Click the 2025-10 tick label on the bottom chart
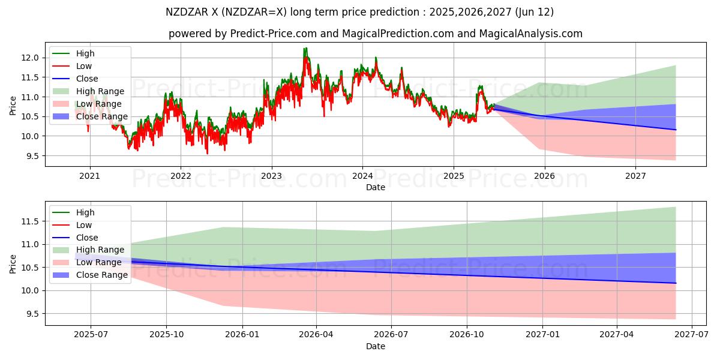(x=166, y=335)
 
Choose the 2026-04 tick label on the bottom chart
(x=316, y=335)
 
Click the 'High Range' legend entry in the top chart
(x=100, y=91)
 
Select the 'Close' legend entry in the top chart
(x=87, y=79)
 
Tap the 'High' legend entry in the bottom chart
(x=85, y=212)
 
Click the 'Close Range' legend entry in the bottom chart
(x=102, y=275)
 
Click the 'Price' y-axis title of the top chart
(x=13, y=106)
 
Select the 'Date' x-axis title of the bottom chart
(x=376, y=346)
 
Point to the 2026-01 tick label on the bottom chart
(x=242, y=335)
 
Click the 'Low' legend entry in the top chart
(x=84, y=66)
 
